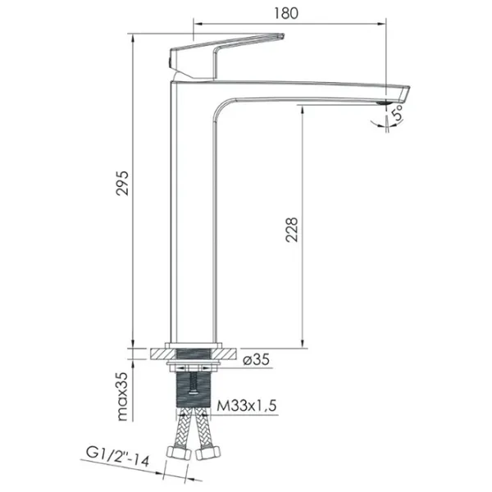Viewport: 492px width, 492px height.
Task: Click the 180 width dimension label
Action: click(x=286, y=13)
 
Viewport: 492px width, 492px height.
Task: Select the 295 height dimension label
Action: click(x=122, y=184)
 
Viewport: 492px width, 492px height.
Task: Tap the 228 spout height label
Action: click(x=291, y=230)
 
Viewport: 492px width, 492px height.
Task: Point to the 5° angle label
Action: click(x=397, y=112)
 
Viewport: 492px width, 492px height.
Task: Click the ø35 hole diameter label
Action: click(x=257, y=360)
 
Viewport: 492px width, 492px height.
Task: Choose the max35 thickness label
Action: click(x=122, y=396)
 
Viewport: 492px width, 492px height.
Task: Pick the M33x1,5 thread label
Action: click(x=247, y=406)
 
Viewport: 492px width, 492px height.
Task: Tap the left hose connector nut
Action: click(x=178, y=453)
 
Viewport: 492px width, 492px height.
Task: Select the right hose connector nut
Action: click(x=208, y=453)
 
